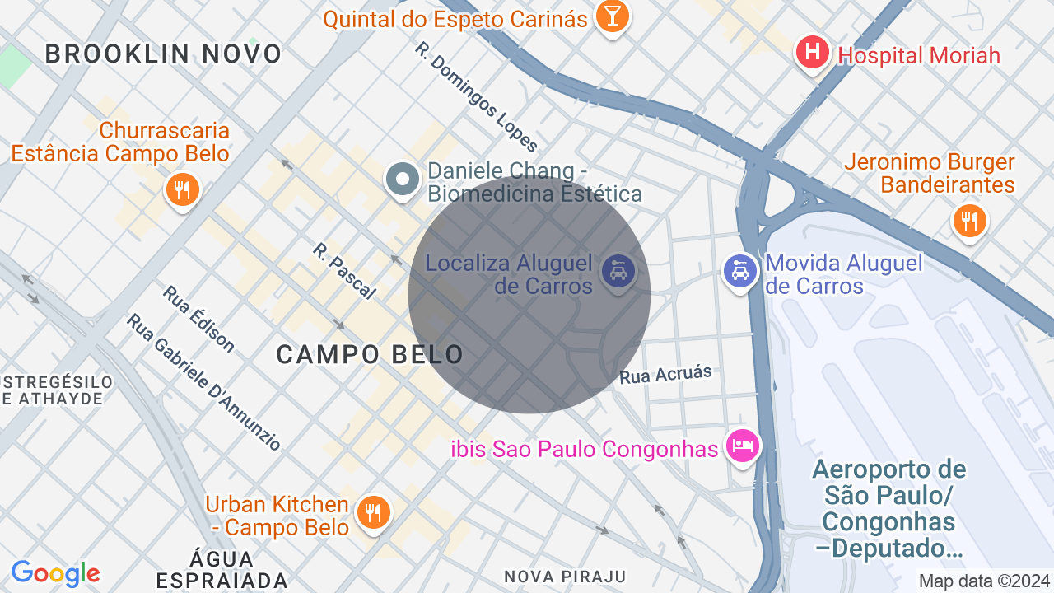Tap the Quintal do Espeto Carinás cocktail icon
[612, 16]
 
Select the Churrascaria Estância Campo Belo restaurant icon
[182, 190]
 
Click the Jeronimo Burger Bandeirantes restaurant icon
[970, 221]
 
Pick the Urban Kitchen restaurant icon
[374, 512]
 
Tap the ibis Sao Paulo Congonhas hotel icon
[743, 447]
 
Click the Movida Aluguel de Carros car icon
[740, 272]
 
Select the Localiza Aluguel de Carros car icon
[618, 271]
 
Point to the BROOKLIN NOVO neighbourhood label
[164, 54]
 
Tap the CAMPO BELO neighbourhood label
[370, 354]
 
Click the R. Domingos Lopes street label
[476, 97]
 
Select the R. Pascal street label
[344, 270]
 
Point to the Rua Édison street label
[198, 319]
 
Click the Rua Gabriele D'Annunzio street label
[204, 381]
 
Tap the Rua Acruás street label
[665, 375]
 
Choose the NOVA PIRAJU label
[565, 576]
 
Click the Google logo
[55, 573]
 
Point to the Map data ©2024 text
[984, 581]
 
